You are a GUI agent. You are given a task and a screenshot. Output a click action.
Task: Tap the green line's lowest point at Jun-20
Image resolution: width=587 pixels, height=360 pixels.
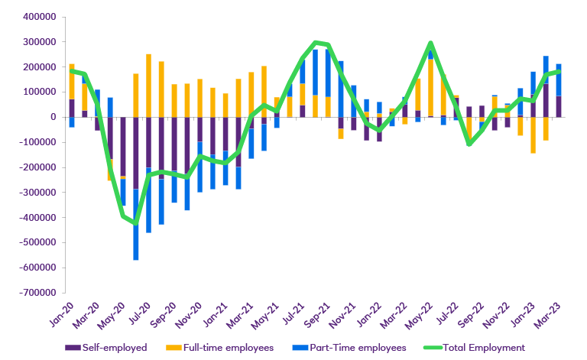tap(136, 223)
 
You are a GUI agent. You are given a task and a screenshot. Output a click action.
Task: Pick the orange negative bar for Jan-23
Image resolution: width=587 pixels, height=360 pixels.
tap(533, 135)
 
